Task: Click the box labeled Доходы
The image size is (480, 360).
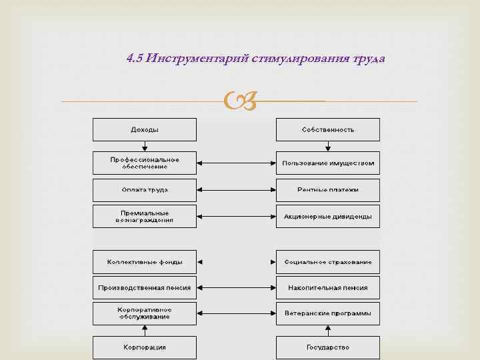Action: (144, 129)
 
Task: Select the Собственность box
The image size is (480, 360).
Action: (327, 129)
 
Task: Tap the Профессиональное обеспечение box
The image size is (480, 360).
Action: (144, 163)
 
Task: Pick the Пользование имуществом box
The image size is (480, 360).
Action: (327, 163)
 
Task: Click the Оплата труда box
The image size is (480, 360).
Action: (144, 190)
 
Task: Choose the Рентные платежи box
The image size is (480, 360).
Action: (327, 190)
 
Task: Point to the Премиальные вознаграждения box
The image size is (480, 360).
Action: (144, 216)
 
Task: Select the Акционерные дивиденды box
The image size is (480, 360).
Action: (327, 216)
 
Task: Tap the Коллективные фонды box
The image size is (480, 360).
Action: (144, 262)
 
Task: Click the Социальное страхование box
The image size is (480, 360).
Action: (327, 262)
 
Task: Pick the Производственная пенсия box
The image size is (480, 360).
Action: (144, 288)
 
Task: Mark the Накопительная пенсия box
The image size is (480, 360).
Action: (327, 288)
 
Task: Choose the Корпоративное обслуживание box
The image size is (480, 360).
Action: (144, 313)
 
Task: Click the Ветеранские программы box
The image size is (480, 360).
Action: (327, 313)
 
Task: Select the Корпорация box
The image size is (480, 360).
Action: (144, 347)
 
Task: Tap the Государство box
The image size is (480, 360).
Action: (327, 347)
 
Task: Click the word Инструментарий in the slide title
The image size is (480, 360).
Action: (199, 59)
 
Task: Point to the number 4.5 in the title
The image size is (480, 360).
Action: (135, 59)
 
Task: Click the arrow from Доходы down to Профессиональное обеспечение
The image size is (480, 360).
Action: (145, 146)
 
